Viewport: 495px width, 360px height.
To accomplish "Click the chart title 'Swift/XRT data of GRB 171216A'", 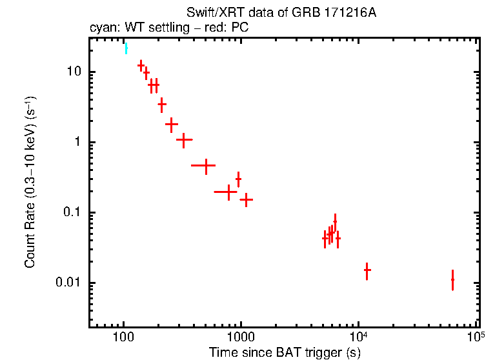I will pos(281,13).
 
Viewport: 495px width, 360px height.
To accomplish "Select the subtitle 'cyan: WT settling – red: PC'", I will pos(168,28).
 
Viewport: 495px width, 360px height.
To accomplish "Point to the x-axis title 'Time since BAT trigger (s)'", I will pos(284,352).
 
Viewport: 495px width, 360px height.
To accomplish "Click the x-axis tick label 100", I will pos(123,336).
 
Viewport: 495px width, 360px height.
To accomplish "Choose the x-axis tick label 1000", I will pos(241,336).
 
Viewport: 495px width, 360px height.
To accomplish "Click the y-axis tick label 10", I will pos(71,72).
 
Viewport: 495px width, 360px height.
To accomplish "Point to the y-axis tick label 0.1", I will pos(69,213).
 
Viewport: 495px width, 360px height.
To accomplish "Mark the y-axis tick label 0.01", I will pos(66,283).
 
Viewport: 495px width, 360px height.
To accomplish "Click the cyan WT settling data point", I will pos(126,48).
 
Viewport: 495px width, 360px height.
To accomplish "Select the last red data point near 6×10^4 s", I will pos(452,280).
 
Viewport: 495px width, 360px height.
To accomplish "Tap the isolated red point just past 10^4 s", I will pos(367,271).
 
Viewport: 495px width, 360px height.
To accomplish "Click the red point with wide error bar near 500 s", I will pos(206,166).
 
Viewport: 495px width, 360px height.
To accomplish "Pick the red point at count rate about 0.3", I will pos(238,179).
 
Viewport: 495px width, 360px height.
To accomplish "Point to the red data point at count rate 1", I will pos(185,139).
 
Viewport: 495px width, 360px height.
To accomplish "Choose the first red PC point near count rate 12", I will pos(141,65).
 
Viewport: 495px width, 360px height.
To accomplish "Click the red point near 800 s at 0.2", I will pos(228,192).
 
